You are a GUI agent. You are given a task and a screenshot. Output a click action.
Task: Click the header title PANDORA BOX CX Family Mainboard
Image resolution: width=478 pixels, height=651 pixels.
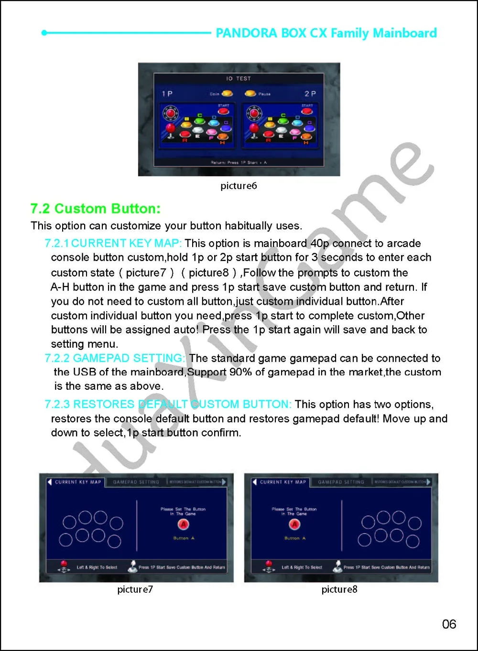click(326, 33)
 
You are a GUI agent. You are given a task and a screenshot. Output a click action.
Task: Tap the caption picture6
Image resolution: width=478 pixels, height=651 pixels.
click(239, 186)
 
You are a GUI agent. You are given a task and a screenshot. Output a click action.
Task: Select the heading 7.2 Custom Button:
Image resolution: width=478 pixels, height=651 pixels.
click(96, 209)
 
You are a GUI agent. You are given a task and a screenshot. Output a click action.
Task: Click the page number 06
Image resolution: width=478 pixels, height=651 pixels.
click(449, 624)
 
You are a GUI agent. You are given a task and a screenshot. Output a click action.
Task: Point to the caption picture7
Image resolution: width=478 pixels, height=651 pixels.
click(135, 589)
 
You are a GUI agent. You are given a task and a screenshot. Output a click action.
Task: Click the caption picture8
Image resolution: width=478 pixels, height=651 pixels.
click(339, 589)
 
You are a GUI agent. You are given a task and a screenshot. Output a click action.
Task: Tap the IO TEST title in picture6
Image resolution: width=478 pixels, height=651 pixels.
click(239, 78)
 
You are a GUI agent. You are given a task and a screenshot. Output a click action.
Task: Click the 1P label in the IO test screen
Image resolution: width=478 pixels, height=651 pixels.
click(167, 94)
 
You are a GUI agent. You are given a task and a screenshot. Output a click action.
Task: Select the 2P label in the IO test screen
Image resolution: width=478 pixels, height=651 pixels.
click(310, 94)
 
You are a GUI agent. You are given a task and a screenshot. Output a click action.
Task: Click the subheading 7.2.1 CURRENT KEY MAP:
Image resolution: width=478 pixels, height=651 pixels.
click(113, 244)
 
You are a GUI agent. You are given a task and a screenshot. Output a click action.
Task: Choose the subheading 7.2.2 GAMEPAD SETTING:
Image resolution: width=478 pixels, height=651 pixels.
click(115, 358)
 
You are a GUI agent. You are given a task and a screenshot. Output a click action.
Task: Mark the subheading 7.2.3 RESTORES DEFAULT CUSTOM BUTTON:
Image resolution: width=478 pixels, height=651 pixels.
click(168, 405)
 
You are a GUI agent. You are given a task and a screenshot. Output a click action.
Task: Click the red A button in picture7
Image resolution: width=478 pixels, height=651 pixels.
click(183, 524)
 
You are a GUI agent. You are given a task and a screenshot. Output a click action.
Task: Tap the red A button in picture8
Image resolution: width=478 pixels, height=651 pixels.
click(294, 524)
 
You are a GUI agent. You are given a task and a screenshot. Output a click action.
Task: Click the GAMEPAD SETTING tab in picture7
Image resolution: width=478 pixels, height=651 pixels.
click(136, 482)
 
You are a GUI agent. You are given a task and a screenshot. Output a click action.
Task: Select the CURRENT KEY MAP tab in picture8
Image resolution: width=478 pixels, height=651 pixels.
click(282, 482)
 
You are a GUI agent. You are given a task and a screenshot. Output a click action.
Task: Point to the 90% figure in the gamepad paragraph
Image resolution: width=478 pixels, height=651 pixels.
click(240, 372)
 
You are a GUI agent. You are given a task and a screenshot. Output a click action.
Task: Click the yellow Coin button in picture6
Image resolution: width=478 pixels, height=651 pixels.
click(227, 94)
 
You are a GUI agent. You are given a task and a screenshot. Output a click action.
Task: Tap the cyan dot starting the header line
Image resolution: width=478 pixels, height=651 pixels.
click(44, 33)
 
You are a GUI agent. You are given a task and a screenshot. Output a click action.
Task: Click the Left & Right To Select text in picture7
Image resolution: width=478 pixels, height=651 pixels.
click(97, 567)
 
